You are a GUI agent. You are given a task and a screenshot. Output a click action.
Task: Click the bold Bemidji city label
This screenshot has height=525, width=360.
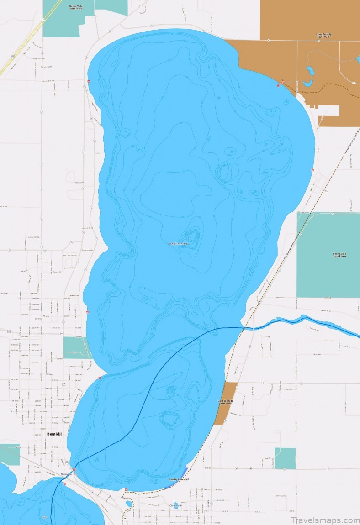(54, 434)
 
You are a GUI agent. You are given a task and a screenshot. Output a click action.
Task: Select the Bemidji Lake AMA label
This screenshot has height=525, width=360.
(179, 480)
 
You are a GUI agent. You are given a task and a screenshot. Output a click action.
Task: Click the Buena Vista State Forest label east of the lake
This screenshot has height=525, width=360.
(339, 255)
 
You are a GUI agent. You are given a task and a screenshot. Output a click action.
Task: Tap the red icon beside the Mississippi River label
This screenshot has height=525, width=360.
(74, 470)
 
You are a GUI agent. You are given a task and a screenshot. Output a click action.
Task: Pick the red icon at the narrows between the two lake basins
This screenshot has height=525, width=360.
(99, 378)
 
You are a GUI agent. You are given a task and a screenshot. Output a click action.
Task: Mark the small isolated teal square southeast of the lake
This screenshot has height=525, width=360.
(285, 458)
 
